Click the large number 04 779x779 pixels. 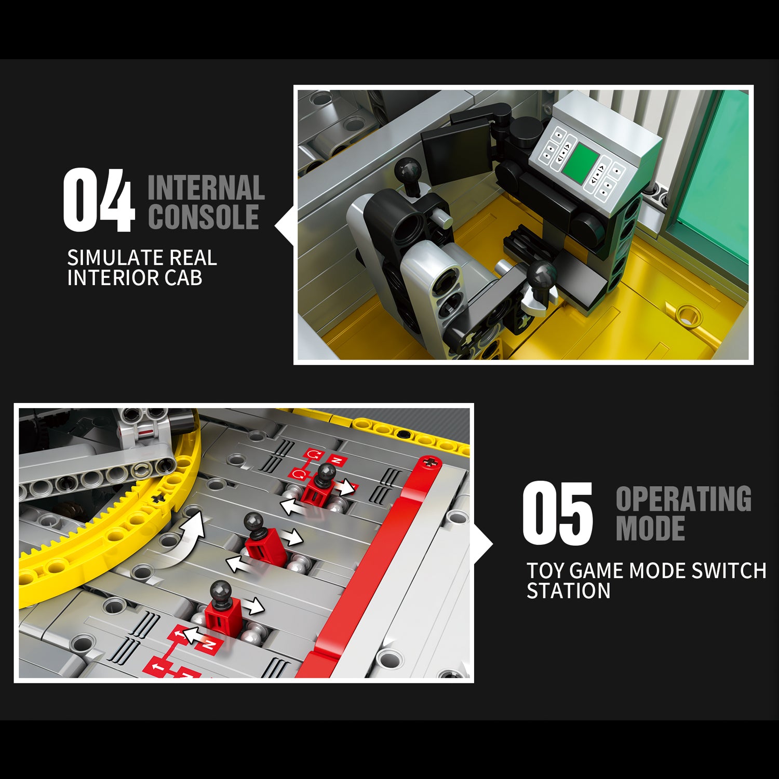point(99,200)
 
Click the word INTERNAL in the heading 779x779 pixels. point(206,188)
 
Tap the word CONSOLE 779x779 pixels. point(204,217)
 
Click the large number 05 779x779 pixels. point(557,513)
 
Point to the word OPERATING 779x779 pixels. point(683,499)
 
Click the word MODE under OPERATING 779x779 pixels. point(650,528)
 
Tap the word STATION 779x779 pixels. point(569,591)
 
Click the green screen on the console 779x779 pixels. point(579,163)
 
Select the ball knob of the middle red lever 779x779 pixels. point(254,522)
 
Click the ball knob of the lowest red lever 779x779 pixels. point(221,591)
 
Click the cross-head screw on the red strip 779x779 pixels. point(429,462)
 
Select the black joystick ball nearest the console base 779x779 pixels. point(542,274)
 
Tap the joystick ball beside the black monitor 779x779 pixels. point(408,170)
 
